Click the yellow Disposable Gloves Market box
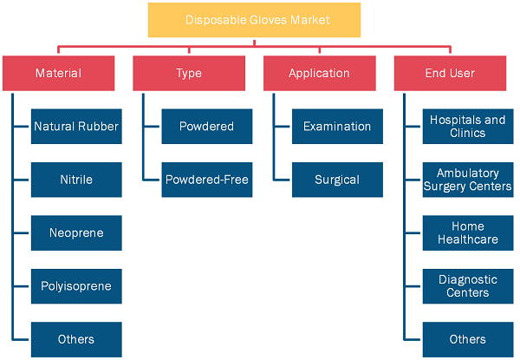click(x=254, y=20)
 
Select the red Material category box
click(x=58, y=73)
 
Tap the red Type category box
click(x=189, y=73)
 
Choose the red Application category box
click(x=319, y=73)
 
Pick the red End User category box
click(x=450, y=73)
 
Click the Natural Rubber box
click(x=76, y=127)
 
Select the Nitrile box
click(x=76, y=180)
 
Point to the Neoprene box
click(x=76, y=233)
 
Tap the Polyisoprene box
click(x=76, y=286)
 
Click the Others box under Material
click(x=76, y=339)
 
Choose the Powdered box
click(x=207, y=127)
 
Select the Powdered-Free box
click(x=207, y=180)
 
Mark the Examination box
click(x=337, y=127)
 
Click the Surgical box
click(x=337, y=180)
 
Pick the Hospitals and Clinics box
click(x=468, y=127)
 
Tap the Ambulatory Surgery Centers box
click(x=468, y=180)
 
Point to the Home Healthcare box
click(x=468, y=233)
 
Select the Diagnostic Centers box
click(x=468, y=286)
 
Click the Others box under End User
click(x=468, y=339)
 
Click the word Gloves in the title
click(x=269, y=20)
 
